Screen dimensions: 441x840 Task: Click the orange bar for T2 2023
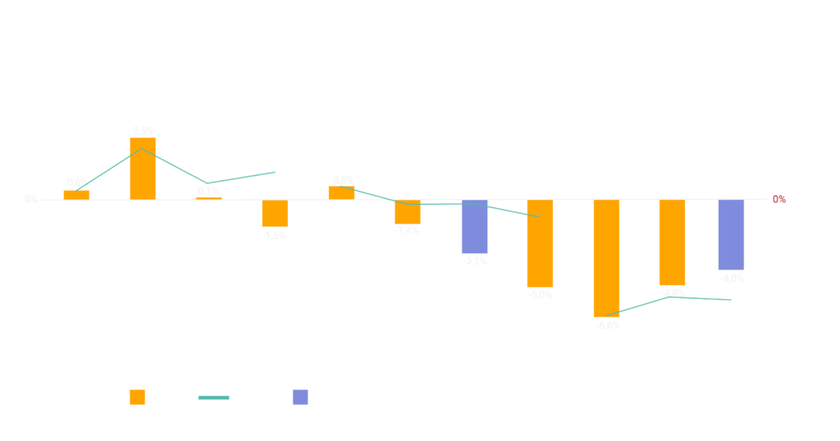click(x=143, y=168)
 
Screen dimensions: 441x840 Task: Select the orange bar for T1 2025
click(x=606, y=258)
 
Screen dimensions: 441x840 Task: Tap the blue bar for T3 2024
click(x=474, y=227)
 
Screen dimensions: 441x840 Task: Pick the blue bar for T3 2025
click(x=731, y=235)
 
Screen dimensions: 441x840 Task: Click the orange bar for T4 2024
click(x=540, y=243)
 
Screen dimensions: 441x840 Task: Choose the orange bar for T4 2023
click(x=275, y=213)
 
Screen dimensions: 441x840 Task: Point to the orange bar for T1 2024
click(x=341, y=192)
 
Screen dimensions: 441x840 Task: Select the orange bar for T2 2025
click(x=672, y=243)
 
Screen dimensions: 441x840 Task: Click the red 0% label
click(x=778, y=199)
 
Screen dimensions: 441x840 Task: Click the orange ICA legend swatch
click(x=138, y=398)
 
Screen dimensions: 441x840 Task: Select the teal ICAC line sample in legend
click(x=213, y=398)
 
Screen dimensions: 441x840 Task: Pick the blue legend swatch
click(x=300, y=398)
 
